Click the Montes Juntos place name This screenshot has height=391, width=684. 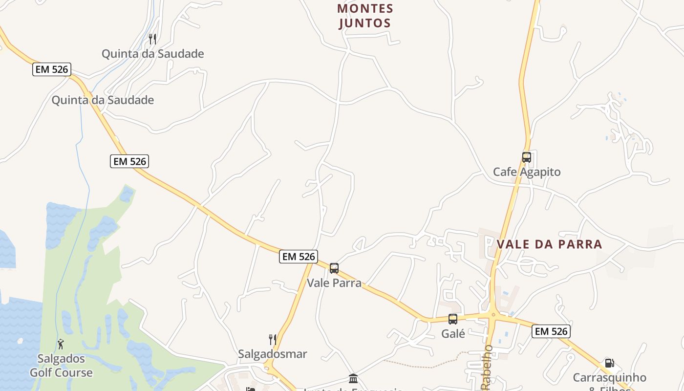365,16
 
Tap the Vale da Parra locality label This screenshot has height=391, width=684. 549,244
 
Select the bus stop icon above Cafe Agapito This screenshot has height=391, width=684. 526,157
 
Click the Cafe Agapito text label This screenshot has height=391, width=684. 527,172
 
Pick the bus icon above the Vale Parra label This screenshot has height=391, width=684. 334,268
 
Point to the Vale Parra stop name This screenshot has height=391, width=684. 334,283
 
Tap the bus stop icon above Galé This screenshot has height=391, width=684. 453,319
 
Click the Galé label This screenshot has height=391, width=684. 453,334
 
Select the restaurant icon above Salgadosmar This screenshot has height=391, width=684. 273,339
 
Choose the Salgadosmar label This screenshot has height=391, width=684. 273,354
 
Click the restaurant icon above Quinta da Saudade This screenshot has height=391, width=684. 152,39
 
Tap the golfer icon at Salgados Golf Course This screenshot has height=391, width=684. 61,344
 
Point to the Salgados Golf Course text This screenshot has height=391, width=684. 61,366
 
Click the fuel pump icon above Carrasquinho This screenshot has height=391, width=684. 609,363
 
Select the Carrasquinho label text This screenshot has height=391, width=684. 609,378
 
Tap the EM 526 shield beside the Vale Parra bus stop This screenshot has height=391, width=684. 299,256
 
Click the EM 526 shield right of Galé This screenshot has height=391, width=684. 551,331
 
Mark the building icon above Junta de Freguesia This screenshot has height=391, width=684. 353,378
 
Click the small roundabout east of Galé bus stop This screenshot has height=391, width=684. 493,315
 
